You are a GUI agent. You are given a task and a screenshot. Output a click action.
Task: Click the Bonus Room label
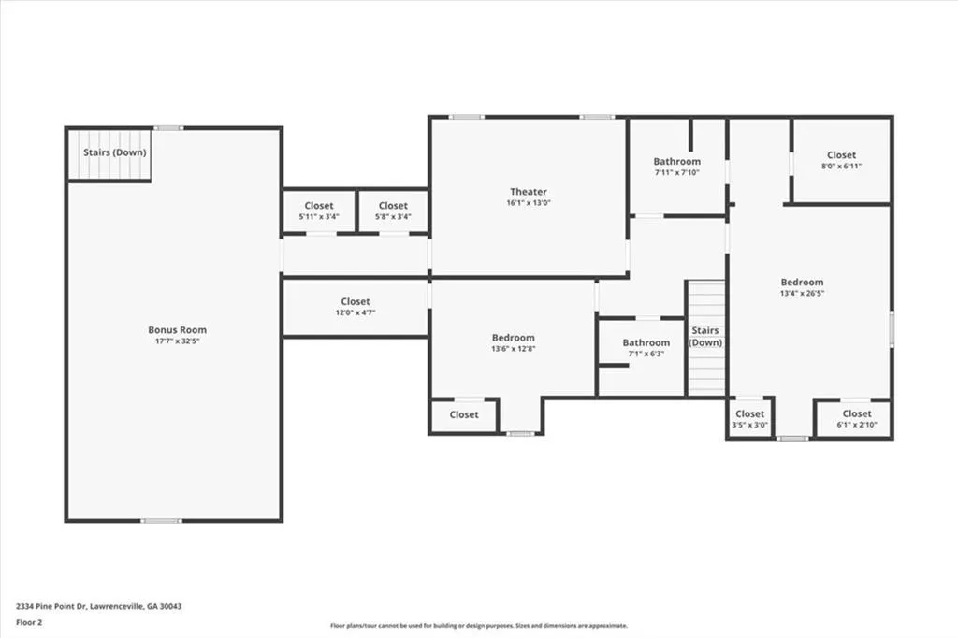click(x=177, y=330)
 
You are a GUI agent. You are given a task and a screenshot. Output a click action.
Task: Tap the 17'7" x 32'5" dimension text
click(x=177, y=341)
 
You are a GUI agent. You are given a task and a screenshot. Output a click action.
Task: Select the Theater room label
click(x=529, y=192)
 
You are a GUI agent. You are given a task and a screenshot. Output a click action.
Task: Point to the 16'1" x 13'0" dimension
click(x=529, y=203)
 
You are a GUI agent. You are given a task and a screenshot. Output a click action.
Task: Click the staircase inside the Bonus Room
click(x=109, y=154)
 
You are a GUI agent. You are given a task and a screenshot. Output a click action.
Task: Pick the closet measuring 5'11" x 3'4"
click(x=319, y=210)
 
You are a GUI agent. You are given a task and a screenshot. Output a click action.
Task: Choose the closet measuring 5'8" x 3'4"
click(x=393, y=210)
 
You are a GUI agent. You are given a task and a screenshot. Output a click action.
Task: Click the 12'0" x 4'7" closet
click(x=356, y=307)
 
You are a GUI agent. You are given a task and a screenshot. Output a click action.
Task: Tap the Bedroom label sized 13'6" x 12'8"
click(x=514, y=338)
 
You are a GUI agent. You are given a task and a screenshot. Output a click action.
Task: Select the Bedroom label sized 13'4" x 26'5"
click(x=802, y=283)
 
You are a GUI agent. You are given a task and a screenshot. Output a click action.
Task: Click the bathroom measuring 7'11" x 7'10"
click(x=677, y=167)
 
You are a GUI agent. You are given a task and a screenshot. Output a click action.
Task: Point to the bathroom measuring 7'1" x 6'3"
click(x=646, y=348)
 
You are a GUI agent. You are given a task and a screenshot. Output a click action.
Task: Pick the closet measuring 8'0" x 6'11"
click(x=841, y=160)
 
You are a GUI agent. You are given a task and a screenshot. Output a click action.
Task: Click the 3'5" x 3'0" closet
click(x=749, y=418)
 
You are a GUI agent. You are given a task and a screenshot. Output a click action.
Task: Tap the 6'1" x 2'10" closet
click(x=857, y=418)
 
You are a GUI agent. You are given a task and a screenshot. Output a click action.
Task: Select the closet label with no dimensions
click(x=464, y=415)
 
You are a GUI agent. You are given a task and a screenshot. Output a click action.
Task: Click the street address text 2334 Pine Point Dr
click(x=52, y=607)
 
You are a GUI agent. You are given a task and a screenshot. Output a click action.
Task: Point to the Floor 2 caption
click(x=29, y=623)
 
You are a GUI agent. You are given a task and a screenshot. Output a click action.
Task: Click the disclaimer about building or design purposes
click(x=479, y=626)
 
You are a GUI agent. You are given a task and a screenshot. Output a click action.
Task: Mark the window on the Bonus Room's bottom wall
click(x=161, y=521)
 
